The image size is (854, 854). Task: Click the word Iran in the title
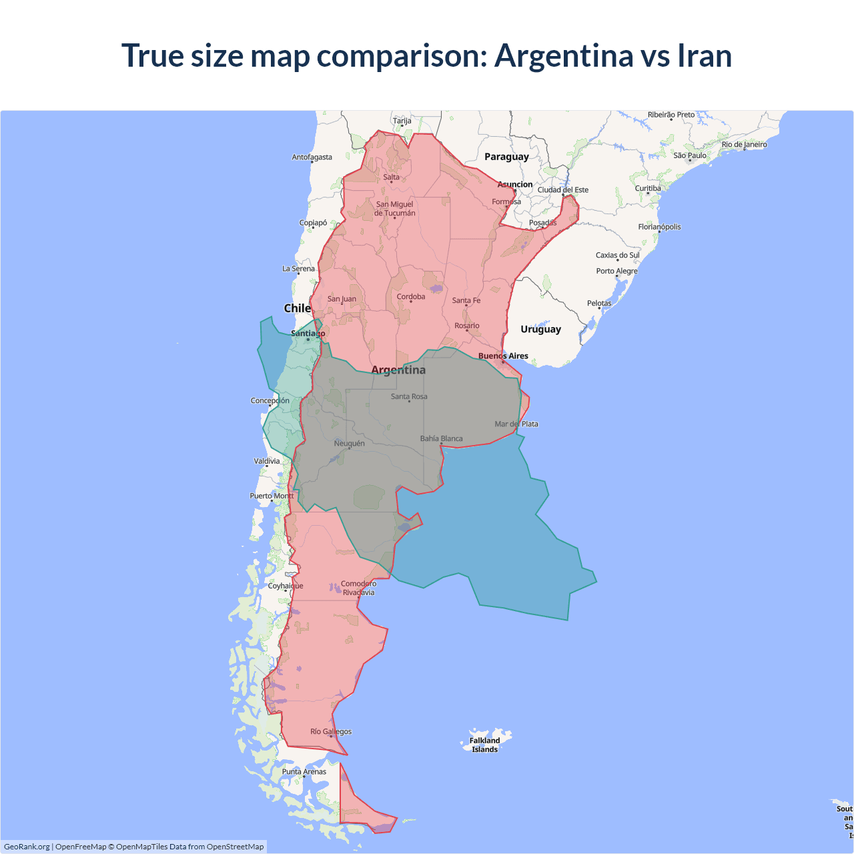pyautogui.click(x=705, y=55)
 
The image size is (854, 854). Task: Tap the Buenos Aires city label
pyautogui.click(x=503, y=356)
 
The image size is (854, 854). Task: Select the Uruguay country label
pyautogui.click(x=540, y=329)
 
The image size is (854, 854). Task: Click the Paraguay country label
pyautogui.click(x=506, y=157)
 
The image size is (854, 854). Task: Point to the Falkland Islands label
pyautogui.click(x=484, y=745)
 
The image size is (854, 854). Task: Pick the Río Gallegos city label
pyautogui.click(x=331, y=731)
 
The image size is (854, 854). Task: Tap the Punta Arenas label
pyautogui.click(x=304, y=771)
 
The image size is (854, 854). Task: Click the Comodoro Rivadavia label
pyautogui.click(x=358, y=588)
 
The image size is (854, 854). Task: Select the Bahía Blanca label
pyautogui.click(x=441, y=438)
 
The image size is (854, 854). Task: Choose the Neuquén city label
pyautogui.click(x=349, y=443)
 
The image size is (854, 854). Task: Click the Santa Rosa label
pyautogui.click(x=409, y=396)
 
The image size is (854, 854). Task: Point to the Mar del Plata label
pyautogui.click(x=516, y=424)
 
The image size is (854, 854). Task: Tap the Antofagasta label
pyautogui.click(x=312, y=157)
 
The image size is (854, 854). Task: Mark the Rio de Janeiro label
pyautogui.click(x=744, y=144)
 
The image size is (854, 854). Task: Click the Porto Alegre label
pyautogui.click(x=616, y=271)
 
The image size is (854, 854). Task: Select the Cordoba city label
pyautogui.click(x=410, y=296)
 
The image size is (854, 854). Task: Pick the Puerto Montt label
pyautogui.click(x=272, y=496)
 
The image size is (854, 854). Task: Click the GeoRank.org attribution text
pyautogui.click(x=27, y=847)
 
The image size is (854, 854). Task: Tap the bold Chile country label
pyautogui.click(x=297, y=308)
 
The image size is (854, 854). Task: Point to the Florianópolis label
pyautogui.click(x=659, y=227)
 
